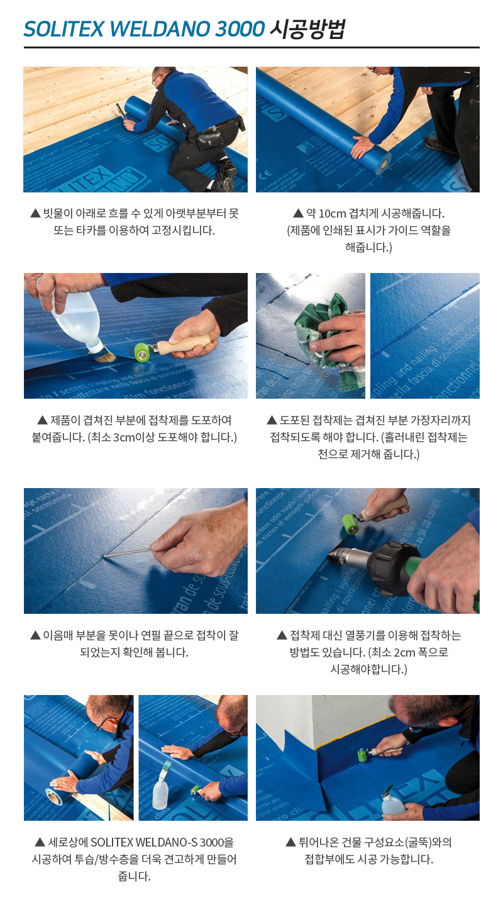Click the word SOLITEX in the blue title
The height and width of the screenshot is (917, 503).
64,29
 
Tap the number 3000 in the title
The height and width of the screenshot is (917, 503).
240,29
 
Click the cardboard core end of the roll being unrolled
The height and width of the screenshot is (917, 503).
384,164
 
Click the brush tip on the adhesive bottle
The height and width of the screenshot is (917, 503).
104,357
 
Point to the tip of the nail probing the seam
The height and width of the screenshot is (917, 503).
105,556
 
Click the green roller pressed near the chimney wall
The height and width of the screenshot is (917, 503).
363,755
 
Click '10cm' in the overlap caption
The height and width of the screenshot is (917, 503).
332,214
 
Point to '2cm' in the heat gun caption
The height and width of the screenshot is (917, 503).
404,652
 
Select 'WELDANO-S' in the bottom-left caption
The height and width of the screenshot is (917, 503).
167,842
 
